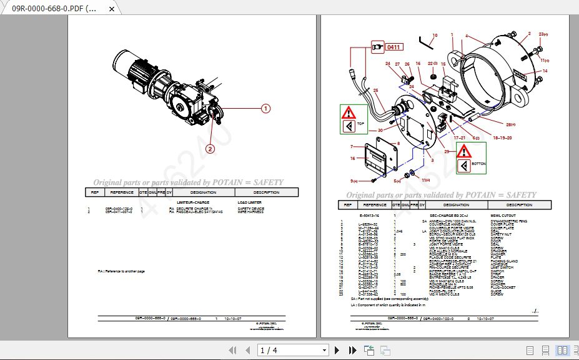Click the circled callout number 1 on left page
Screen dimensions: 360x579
tap(265, 109)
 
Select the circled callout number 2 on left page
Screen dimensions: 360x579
tap(210, 149)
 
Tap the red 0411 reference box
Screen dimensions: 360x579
tap(393, 47)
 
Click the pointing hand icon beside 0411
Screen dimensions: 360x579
tap(377, 47)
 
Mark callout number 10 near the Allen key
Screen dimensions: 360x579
tap(435, 36)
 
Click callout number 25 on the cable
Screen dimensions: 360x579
tap(376, 91)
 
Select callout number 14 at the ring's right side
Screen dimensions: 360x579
tap(545, 71)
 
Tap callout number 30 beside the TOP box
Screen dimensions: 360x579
tap(380, 131)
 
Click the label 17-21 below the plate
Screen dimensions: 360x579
tap(459, 137)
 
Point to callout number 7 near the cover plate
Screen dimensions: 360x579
tap(352, 147)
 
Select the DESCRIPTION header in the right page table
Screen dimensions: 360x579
tap(519, 205)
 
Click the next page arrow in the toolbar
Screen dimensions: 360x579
tap(337, 351)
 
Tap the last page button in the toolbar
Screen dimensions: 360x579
tap(352, 351)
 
